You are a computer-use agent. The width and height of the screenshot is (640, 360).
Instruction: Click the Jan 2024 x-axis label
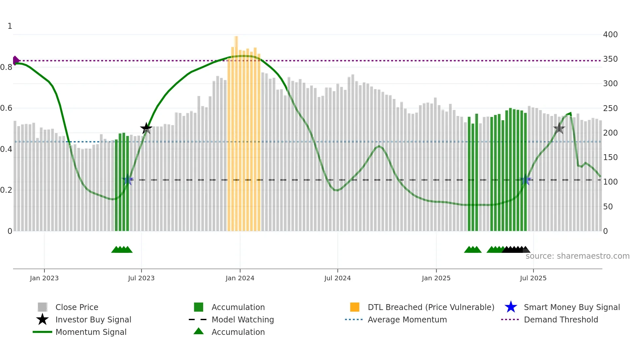pos(240,278)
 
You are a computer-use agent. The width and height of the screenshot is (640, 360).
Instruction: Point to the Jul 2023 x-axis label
pos(141,278)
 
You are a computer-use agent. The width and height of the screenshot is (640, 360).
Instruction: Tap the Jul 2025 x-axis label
pos(533,278)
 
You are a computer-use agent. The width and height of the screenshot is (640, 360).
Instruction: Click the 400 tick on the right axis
pos(610,35)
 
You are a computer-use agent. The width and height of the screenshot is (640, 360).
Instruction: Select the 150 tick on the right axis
pos(610,157)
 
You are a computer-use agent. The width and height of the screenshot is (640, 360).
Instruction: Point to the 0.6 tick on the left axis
pos(6,108)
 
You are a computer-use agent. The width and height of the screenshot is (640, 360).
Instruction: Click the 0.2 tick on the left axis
pos(6,190)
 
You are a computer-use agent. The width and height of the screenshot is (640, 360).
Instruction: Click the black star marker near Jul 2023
pos(146,128)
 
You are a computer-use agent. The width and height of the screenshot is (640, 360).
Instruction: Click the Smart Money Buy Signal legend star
pos(511,307)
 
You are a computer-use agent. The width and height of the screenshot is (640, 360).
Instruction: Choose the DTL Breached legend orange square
pos(355,307)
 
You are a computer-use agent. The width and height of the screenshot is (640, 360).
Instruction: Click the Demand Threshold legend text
pos(561,319)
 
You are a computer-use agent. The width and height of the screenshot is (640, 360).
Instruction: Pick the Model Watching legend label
pos(243,319)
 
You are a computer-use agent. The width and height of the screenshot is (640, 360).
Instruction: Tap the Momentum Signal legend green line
pos(42,332)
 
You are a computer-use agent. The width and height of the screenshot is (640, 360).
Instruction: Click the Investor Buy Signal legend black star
pos(42,319)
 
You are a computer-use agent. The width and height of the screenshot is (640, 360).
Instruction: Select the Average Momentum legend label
pos(407,319)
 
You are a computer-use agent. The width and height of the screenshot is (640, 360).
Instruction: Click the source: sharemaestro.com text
pos(577,256)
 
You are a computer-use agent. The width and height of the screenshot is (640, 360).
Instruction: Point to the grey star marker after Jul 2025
pos(559,128)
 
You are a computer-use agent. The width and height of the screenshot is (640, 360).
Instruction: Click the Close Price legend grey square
pos(42,307)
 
